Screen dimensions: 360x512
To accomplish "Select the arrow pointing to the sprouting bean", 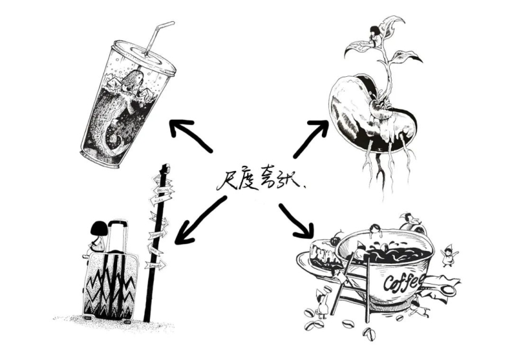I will pyautogui.click(x=310, y=138).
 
